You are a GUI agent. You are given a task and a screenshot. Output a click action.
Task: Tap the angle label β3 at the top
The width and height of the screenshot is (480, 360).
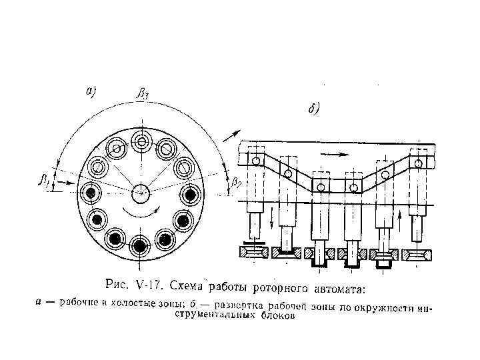(x=142, y=93)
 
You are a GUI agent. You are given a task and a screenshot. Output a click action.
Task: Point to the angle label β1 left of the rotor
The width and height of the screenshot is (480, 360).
(x=45, y=179)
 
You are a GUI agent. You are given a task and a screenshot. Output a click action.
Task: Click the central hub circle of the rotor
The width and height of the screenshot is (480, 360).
(x=140, y=193)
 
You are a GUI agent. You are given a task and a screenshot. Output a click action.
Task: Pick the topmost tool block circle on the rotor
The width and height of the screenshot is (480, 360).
(x=141, y=141)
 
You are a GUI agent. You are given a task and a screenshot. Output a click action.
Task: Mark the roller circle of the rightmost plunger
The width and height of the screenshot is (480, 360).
(x=417, y=163)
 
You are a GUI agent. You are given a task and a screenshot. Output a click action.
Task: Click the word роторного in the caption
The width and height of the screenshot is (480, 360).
(x=287, y=288)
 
